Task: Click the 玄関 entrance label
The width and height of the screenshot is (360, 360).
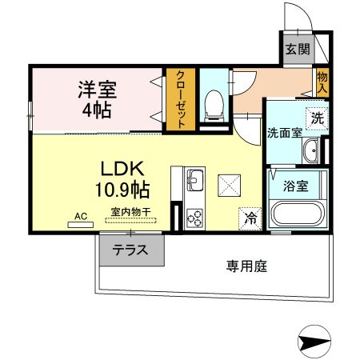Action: tap(297, 49)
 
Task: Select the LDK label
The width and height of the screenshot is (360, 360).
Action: tap(122, 170)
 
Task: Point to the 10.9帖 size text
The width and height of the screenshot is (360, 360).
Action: tap(122, 190)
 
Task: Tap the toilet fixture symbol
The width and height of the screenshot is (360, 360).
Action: tap(213, 104)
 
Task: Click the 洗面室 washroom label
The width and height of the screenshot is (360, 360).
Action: tap(284, 133)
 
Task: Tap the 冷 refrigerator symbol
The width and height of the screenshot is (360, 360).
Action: tap(250, 216)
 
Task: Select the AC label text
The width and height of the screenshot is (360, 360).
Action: tap(80, 216)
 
